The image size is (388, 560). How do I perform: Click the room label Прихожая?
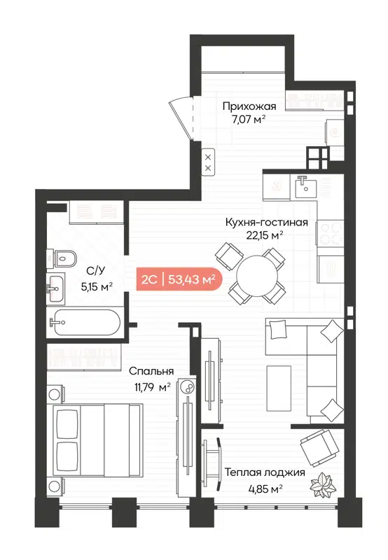249,106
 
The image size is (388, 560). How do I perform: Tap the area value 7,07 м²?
249,119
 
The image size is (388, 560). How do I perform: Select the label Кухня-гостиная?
266,223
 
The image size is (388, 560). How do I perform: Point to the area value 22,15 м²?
263,235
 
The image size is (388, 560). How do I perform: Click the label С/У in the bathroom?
96,272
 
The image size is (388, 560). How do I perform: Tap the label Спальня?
151,372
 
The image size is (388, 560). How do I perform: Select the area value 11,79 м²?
148,386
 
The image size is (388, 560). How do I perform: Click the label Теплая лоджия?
265,472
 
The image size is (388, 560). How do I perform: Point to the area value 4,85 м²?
263,488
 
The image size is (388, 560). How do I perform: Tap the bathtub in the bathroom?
85,321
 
